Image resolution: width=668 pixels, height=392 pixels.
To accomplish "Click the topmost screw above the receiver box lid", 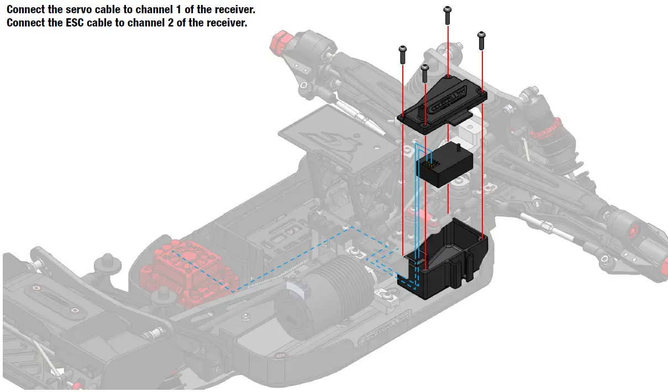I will point(448,15).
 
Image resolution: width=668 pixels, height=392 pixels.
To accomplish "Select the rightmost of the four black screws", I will point(482,39).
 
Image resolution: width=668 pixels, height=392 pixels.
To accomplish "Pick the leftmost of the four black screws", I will point(403,54).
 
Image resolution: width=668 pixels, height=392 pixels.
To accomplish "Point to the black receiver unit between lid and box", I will point(445,166).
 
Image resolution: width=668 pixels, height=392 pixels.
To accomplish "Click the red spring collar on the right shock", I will point(545,132).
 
